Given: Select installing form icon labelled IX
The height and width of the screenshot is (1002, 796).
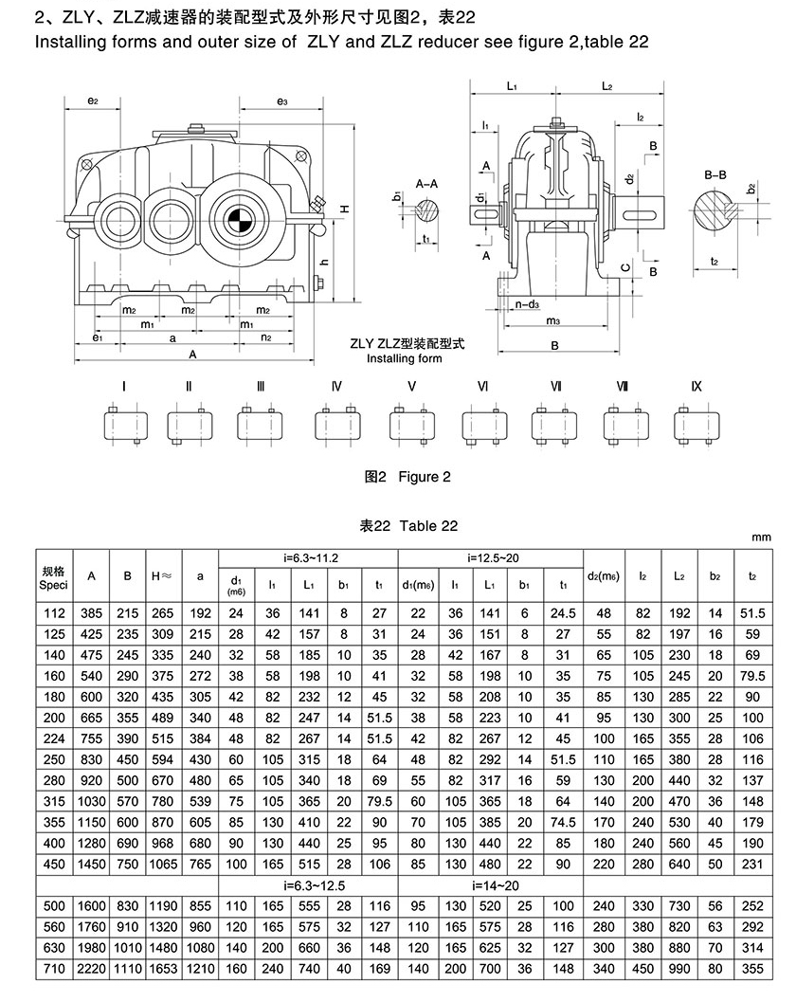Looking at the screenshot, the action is pyautogui.click(x=696, y=424).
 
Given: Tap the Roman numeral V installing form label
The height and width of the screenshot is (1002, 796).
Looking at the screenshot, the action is pyautogui.click(x=411, y=386).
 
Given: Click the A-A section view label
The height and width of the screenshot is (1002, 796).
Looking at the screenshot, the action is pyautogui.click(x=426, y=184).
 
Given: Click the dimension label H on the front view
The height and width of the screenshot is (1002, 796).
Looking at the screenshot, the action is pyautogui.click(x=344, y=209).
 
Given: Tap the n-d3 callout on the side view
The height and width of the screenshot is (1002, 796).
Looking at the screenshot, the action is pyautogui.click(x=528, y=304).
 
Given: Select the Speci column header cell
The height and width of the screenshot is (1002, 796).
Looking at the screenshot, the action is pyautogui.click(x=54, y=576).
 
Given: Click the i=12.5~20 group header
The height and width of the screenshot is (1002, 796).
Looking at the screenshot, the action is pyautogui.click(x=491, y=557).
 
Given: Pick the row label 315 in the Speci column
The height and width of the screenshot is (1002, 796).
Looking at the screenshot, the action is pyautogui.click(x=54, y=801).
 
